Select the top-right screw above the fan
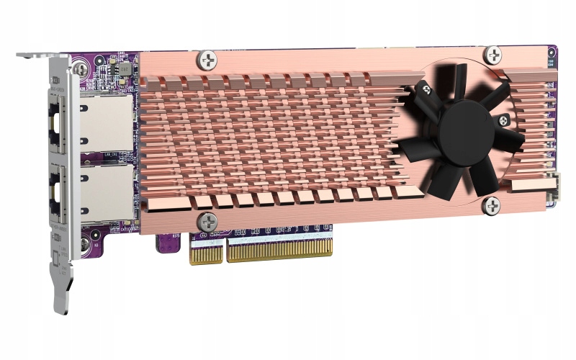[493, 53]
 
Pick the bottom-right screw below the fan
[492, 206]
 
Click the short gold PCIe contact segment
[206, 252]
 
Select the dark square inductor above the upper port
[124, 69]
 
